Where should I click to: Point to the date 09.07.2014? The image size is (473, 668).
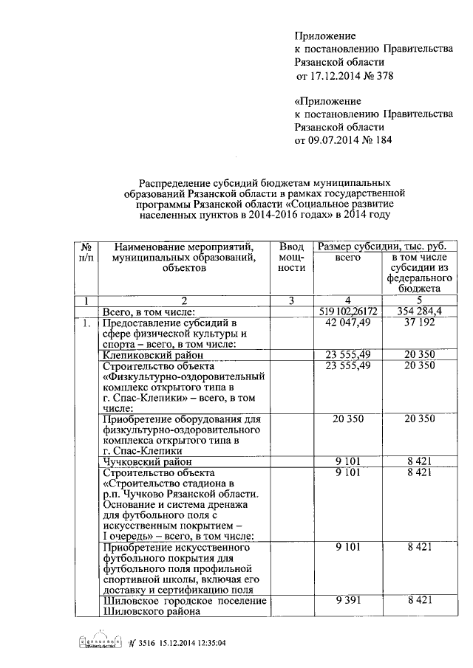click(x=332, y=140)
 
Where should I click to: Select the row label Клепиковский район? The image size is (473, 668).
click(x=146, y=356)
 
